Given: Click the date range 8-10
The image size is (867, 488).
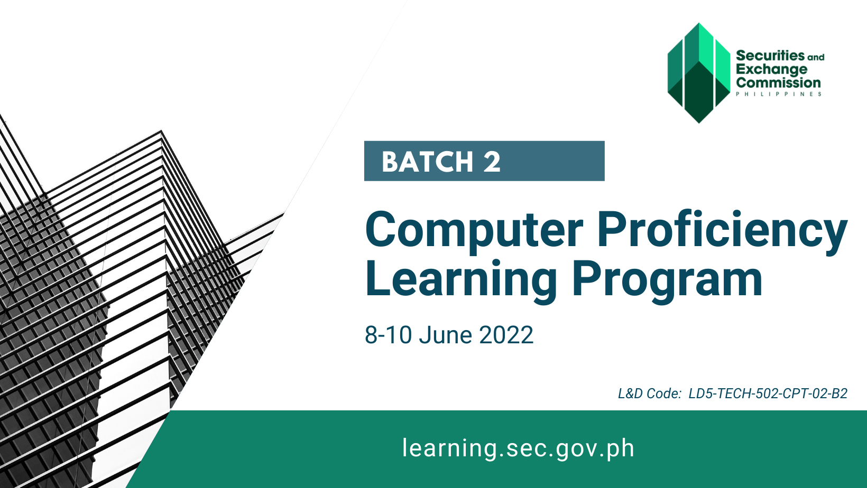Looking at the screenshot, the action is (x=388, y=335).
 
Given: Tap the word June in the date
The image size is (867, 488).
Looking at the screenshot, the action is (x=446, y=335).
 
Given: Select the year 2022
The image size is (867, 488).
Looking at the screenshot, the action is (x=506, y=335).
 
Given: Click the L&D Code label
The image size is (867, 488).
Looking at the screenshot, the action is (x=650, y=393).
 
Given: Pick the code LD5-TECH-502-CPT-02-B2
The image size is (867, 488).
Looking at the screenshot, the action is (x=768, y=393).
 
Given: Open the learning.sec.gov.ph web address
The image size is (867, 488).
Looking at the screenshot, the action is (x=518, y=448).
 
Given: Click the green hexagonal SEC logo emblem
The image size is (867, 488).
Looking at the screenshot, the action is (x=699, y=73).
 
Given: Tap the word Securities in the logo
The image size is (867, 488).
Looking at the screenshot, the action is (x=770, y=55).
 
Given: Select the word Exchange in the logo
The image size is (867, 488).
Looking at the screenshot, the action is (x=772, y=69).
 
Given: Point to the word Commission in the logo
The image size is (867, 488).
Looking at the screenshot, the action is (x=778, y=82).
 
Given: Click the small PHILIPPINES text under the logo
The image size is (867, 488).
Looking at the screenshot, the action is (x=778, y=94).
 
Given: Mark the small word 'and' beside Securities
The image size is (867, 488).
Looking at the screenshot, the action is (x=816, y=57).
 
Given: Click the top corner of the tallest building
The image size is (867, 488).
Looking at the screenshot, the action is (x=161, y=130).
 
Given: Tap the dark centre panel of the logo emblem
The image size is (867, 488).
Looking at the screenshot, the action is (x=699, y=93).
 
